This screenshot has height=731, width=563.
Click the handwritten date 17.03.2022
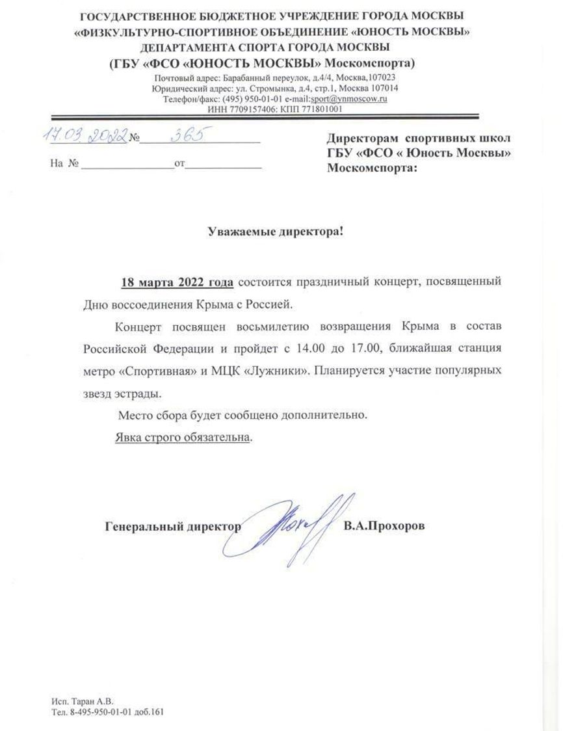click(x=86, y=135)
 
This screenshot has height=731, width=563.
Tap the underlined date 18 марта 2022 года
click(x=178, y=282)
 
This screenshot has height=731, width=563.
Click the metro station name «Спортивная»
click(x=150, y=371)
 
